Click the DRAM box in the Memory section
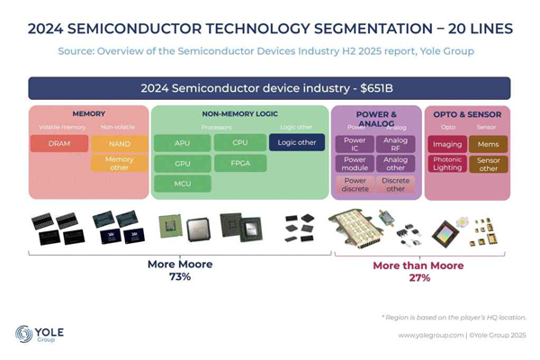(x=58, y=144)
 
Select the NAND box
(x=119, y=144)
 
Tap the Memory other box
(x=119, y=164)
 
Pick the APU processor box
(x=181, y=144)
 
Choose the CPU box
(x=239, y=143)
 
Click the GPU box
(x=181, y=164)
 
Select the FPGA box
(x=239, y=164)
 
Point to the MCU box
(x=181, y=184)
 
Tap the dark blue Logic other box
(x=297, y=142)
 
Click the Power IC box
(x=354, y=144)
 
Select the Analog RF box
(x=395, y=144)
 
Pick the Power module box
(x=354, y=164)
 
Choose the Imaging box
(x=447, y=144)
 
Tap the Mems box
(x=488, y=144)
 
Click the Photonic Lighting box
(x=447, y=164)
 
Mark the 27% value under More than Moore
(x=418, y=278)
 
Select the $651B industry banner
(x=269, y=88)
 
